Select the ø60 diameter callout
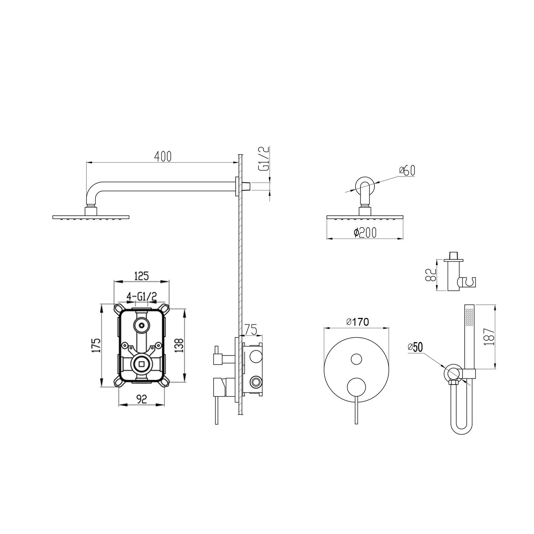(407, 171)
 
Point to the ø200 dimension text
(365, 232)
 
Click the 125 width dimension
(141, 276)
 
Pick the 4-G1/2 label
(142, 296)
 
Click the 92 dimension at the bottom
(142, 399)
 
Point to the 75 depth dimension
(251, 330)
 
